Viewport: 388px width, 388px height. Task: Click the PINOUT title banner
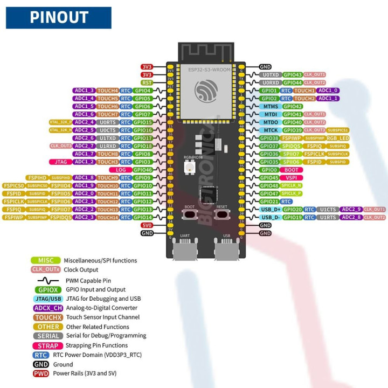click(x=59, y=17)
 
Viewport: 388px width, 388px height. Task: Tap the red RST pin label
click(x=147, y=82)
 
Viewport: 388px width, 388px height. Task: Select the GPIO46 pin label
click(x=143, y=170)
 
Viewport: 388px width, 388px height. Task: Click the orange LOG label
click(x=121, y=170)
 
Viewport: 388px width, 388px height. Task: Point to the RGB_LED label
click(x=337, y=138)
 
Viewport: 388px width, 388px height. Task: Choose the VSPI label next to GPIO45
click(x=292, y=177)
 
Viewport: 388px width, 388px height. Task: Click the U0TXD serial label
click(x=270, y=75)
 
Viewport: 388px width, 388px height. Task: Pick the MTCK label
click(x=271, y=130)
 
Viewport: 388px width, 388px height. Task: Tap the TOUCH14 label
click(x=108, y=217)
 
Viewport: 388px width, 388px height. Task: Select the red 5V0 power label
click(x=147, y=225)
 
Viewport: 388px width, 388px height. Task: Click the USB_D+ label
click(x=270, y=209)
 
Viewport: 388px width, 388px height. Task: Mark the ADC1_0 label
click(x=328, y=91)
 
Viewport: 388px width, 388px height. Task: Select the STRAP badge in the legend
click(x=48, y=345)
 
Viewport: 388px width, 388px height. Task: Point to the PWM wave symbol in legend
click(x=48, y=280)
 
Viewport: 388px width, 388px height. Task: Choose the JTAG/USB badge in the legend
click(x=48, y=299)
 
